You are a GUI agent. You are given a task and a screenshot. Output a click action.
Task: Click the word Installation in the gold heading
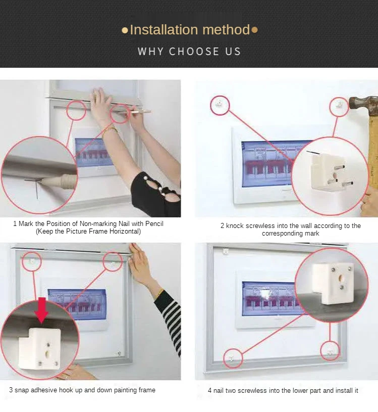pyautogui.click(x=164, y=29)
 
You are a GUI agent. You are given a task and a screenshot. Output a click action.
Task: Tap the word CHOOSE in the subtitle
pyautogui.click(x=194, y=52)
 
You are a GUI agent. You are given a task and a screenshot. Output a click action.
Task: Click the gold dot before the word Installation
pyautogui.click(x=125, y=30)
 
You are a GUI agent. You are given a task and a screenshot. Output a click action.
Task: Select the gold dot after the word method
pyautogui.click(x=254, y=30)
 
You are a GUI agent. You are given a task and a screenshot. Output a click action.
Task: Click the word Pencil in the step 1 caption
pyautogui.click(x=154, y=223)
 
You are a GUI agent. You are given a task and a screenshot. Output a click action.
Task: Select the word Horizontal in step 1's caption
pyautogui.click(x=124, y=231)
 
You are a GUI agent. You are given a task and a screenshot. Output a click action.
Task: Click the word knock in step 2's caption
pyautogui.click(x=235, y=225)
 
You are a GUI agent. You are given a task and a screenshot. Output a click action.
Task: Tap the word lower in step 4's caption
pyautogui.click(x=301, y=390)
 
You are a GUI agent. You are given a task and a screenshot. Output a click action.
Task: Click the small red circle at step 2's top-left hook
pyautogui.click(x=220, y=105)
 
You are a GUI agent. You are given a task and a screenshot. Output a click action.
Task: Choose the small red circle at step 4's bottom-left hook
pyautogui.click(x=233, y=358)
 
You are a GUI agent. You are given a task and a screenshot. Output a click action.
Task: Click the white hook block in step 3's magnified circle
pyautogui.click(x=39, y=348)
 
